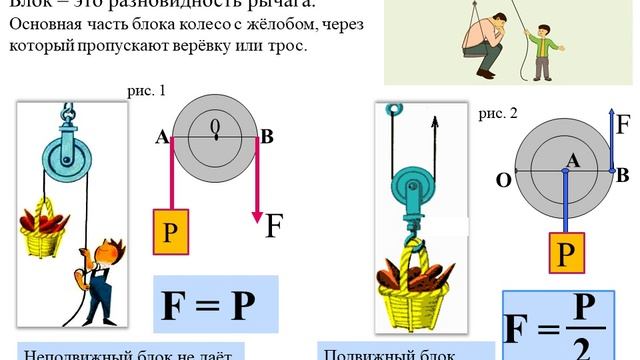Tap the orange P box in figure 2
tap(566, 253)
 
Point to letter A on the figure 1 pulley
tap(161, 138)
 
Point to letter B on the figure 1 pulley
tap(266, 138)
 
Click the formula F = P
tap(215, 305)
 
